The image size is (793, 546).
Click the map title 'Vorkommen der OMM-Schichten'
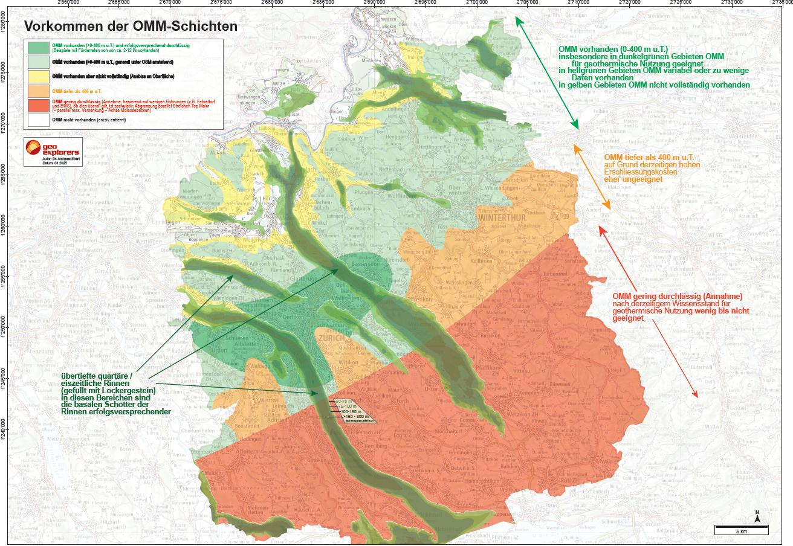130,27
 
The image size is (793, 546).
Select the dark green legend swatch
39,47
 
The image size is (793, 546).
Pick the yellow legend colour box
39,75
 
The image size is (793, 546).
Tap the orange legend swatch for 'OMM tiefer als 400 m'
39,91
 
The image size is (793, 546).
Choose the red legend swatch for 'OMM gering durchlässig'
39,105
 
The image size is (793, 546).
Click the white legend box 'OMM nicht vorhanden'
39,120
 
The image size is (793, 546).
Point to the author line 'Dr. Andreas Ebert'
55,159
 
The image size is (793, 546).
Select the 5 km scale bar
741,530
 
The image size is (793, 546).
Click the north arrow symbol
757,516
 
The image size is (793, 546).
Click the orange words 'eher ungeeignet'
629,179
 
